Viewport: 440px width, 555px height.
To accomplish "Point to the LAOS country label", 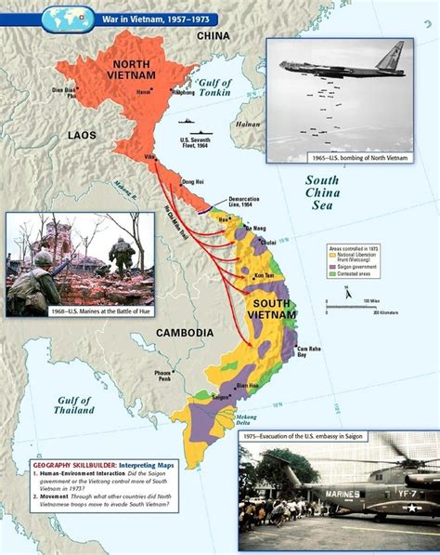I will [82, 136].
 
